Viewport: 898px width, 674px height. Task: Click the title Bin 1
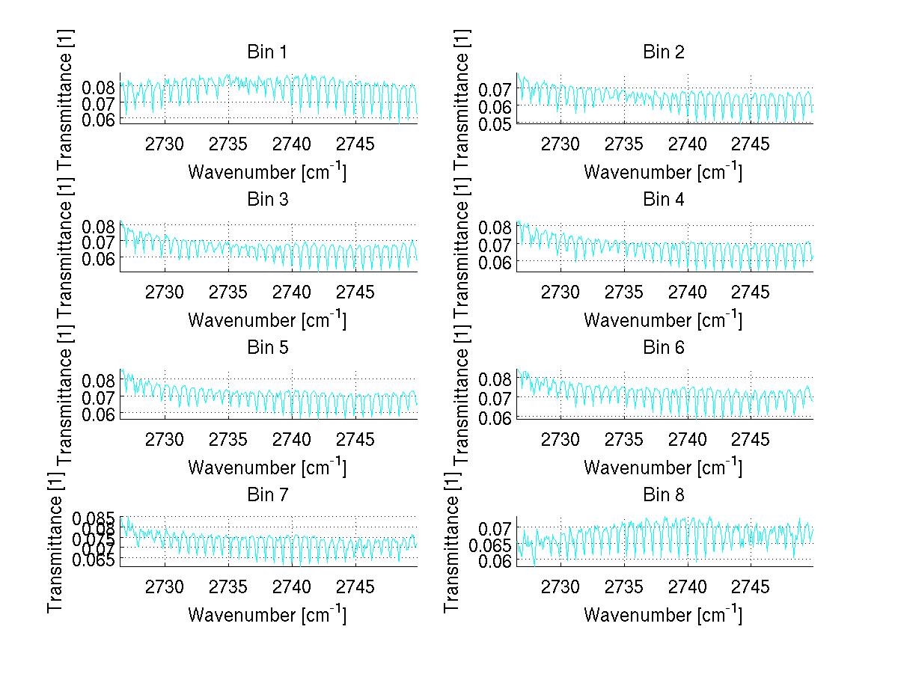tap(267, 52)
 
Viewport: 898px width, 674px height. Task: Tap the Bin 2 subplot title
tap(663, 52)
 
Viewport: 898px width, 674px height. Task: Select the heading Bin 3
tap(267, 200)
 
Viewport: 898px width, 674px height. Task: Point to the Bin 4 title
tap(663, 200)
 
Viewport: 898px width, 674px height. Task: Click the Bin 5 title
tap(267, 348)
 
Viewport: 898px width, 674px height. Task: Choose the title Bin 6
tap(663, 348)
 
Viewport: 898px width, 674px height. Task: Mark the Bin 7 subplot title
tap(267, 495)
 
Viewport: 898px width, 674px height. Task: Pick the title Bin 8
tap(663, 495)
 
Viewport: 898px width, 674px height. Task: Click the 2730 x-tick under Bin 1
tap(165, 144)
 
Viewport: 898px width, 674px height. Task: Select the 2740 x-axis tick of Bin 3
tap(292, 292)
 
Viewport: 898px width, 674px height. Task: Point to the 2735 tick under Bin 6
tap(624, 439)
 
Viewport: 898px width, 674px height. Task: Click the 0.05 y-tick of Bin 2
tap(495, 123)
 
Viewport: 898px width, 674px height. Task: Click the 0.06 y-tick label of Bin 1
tap(99, 119)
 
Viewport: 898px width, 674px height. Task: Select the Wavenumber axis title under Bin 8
tap(663, 615)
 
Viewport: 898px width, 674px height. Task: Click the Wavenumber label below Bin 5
tap(267, 468)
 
